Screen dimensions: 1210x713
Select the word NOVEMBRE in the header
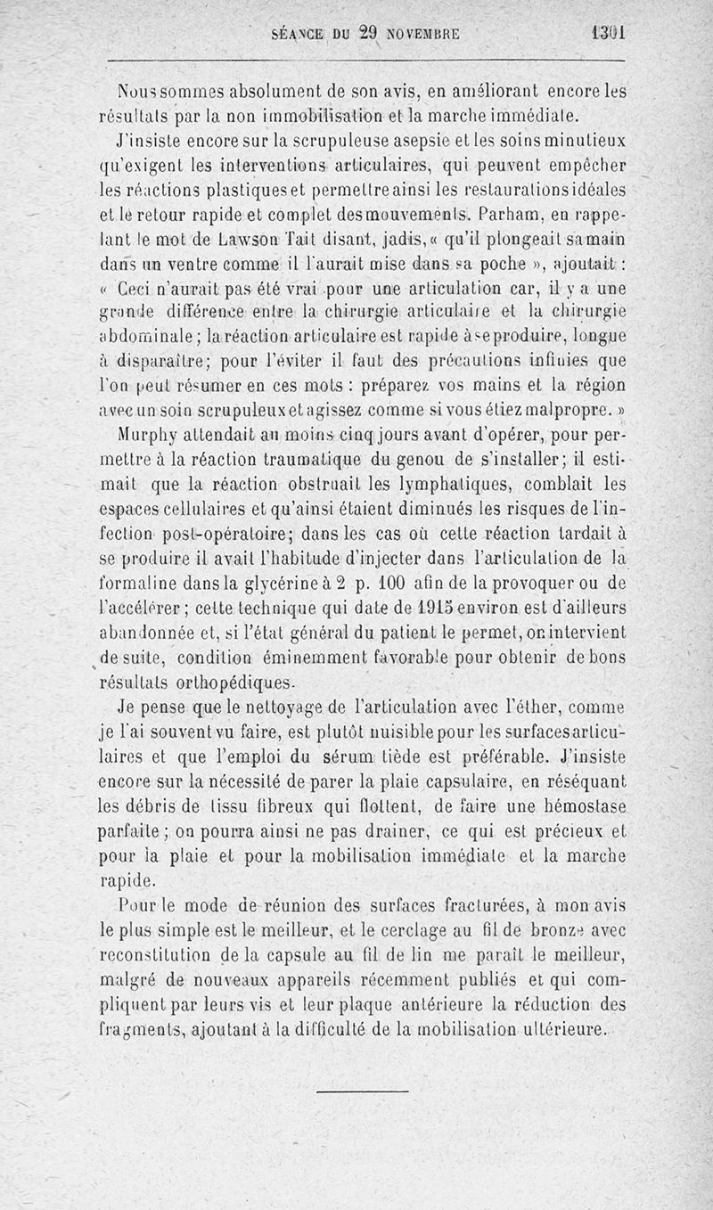pos(423,35)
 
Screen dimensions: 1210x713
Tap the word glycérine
pos(261,583)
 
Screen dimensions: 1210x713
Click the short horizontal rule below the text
pos(362,1091)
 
